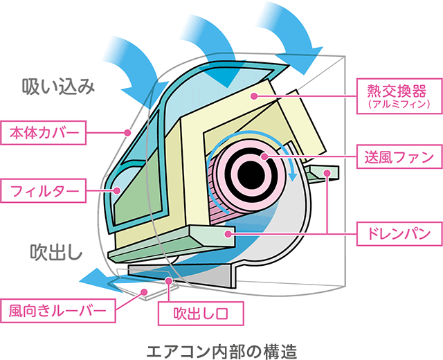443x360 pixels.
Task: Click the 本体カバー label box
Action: click(44, 132)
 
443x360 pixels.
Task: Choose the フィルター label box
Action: click(44, 189)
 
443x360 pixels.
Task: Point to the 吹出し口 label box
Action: click(201, 313)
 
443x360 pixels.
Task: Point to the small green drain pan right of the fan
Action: click(323, 171)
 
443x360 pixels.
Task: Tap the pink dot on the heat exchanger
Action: click(254, 95)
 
